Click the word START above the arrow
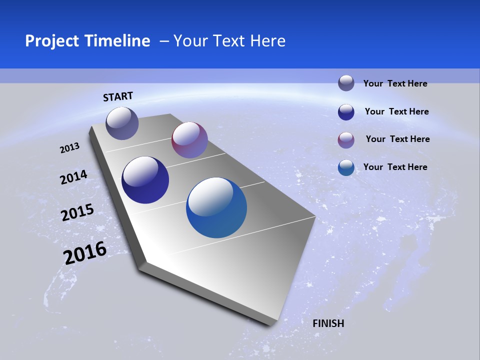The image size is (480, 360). click(118, 96)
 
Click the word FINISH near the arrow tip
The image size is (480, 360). click(328, 323)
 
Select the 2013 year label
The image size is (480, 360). click(70, 147)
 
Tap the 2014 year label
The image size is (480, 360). click(73, 177)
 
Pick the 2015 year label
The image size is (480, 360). click(77, 212)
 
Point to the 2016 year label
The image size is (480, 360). click(85, 253)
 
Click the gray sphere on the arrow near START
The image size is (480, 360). click(122, 123)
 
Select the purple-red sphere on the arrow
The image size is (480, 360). click(189, 140)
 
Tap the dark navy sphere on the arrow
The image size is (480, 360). click(145, 180)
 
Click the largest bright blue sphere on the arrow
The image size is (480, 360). click(216, 207)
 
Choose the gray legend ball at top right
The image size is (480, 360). click(346, 83)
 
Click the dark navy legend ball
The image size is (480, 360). click(346, 112)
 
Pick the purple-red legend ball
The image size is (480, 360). click(346, 140)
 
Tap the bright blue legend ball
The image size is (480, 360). click(346, 167)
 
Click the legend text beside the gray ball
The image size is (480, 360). click(395, 83)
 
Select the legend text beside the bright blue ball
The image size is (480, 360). click(395, 167)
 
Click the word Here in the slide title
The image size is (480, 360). click(267, 41)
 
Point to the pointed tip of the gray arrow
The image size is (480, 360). click(270, 325)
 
